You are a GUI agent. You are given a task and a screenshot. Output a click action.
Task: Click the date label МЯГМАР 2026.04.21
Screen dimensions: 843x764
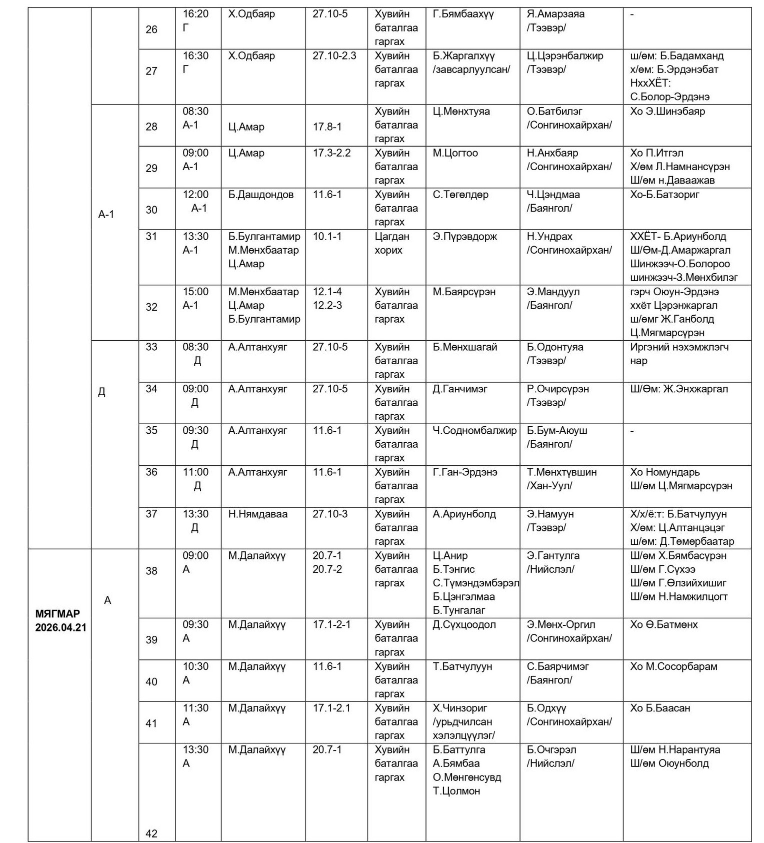pos(60,620)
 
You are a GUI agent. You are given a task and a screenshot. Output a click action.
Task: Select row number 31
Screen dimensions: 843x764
pos(151,236)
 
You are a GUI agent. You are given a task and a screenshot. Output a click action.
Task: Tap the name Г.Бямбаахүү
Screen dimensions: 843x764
pos(463,14)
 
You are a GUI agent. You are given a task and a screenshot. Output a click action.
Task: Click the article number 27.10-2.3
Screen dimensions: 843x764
pos(334,56)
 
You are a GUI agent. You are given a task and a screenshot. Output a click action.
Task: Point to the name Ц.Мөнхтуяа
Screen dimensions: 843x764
pos(461,111)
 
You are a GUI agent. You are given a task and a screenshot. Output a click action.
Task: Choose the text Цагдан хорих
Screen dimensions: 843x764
pos(391,243)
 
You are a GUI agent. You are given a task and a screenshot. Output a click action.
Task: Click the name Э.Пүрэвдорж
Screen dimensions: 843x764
pos(464,236)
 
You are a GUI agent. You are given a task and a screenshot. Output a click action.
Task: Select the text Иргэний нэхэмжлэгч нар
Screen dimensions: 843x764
pos(679,354)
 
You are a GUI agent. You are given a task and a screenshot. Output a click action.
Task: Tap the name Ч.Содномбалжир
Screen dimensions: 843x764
pos(474,430)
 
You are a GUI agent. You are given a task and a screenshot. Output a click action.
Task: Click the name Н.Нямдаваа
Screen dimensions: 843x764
pos(257,514)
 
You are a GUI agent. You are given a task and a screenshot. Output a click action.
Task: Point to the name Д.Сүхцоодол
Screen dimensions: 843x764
pos(464,624)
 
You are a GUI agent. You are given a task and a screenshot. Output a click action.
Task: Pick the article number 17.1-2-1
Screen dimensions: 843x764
pos(331,624)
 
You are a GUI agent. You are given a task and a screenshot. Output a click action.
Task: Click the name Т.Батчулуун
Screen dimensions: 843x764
pos(462,666)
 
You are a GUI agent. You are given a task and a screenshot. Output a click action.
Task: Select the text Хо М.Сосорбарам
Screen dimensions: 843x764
pos(673,666)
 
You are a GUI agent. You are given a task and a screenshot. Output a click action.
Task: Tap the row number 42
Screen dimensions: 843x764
pos(151,833)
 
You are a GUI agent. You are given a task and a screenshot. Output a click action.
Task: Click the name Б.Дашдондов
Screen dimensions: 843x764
pos(260,195)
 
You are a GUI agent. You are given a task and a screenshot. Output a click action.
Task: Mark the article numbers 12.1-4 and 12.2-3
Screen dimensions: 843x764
pos(327,298)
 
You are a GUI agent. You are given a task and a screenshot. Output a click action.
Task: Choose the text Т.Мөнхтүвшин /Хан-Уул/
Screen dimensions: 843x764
pos(561,479)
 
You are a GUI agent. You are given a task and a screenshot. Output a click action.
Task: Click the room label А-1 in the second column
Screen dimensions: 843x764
pos(106,215)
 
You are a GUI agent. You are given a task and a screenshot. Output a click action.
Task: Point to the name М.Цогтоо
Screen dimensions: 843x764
pos(455,153)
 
